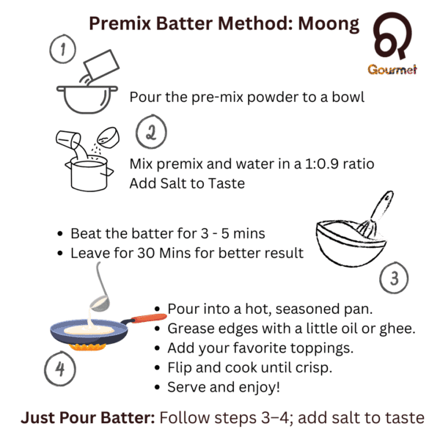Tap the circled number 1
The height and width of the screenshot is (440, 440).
(x=63, y=49)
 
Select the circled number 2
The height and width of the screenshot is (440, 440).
(x=151, y=131)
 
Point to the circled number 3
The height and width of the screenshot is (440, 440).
(x=394, y=278)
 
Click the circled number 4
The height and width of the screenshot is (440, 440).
(x=60, y=368)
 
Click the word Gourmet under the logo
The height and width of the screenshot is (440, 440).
(x=392, y=70)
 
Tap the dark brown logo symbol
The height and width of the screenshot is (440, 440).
(x=392, y=35)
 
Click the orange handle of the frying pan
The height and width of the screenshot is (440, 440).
(x=149, y=318)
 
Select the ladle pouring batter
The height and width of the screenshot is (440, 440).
(x=100, y=292)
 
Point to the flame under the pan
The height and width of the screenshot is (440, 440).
(x=87, y=348)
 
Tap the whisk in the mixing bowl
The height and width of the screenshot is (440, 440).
(x=377, y=215)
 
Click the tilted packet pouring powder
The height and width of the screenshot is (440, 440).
(x=102, y=65)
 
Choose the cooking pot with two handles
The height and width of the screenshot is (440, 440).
(x=89, y=174)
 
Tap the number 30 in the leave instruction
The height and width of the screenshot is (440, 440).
(x=146, y=253)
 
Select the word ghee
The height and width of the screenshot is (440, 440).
(x=397, y=329)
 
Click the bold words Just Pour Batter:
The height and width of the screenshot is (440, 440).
(x=88, y=417)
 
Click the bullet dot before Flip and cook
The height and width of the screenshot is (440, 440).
(x=157, y=368)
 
